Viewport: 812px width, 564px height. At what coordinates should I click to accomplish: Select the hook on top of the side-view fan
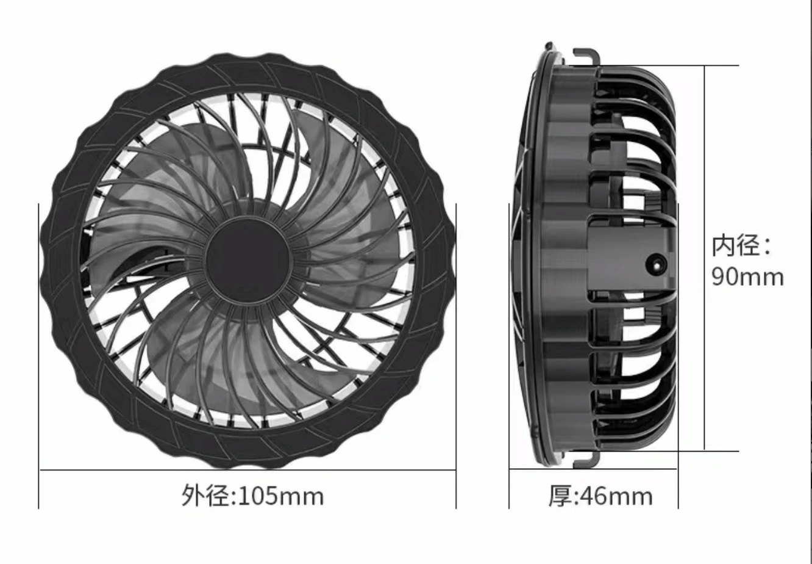tap(586, 56)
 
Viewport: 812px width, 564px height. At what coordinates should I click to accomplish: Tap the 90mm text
tap(747, 277)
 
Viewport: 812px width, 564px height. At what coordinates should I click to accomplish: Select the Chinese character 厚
tap(558, 496)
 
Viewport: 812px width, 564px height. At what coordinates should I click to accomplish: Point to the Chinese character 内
tap(724, 245)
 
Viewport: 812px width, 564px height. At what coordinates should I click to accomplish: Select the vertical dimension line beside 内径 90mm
tap(705, 183)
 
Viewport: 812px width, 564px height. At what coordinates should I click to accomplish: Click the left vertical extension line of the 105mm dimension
tap(39, 366)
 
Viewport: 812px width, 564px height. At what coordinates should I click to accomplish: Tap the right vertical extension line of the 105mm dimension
tap(456, 366)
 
